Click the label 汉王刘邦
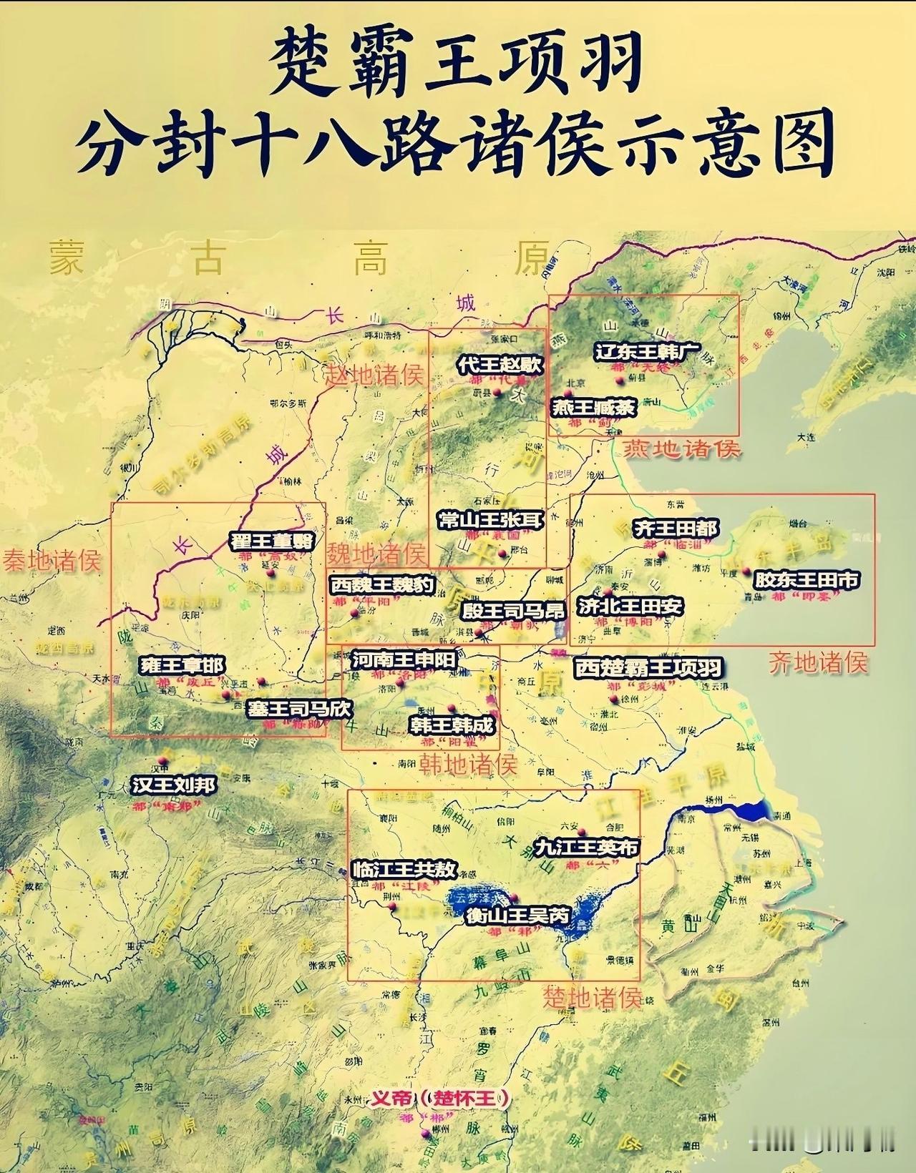tap(174, 785)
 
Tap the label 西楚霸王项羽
tap(648, 668)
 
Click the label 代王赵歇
tap(500, 364)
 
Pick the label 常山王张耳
tap(491, 519)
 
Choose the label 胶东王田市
tap(808, 579)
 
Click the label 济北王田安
tap(631, 607)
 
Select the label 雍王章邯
tap(182, 665)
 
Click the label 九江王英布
tap(588, 848)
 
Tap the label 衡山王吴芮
tap(517, 915)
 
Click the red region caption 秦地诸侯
tap(51, 559)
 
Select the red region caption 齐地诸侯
tap(818, 662)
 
